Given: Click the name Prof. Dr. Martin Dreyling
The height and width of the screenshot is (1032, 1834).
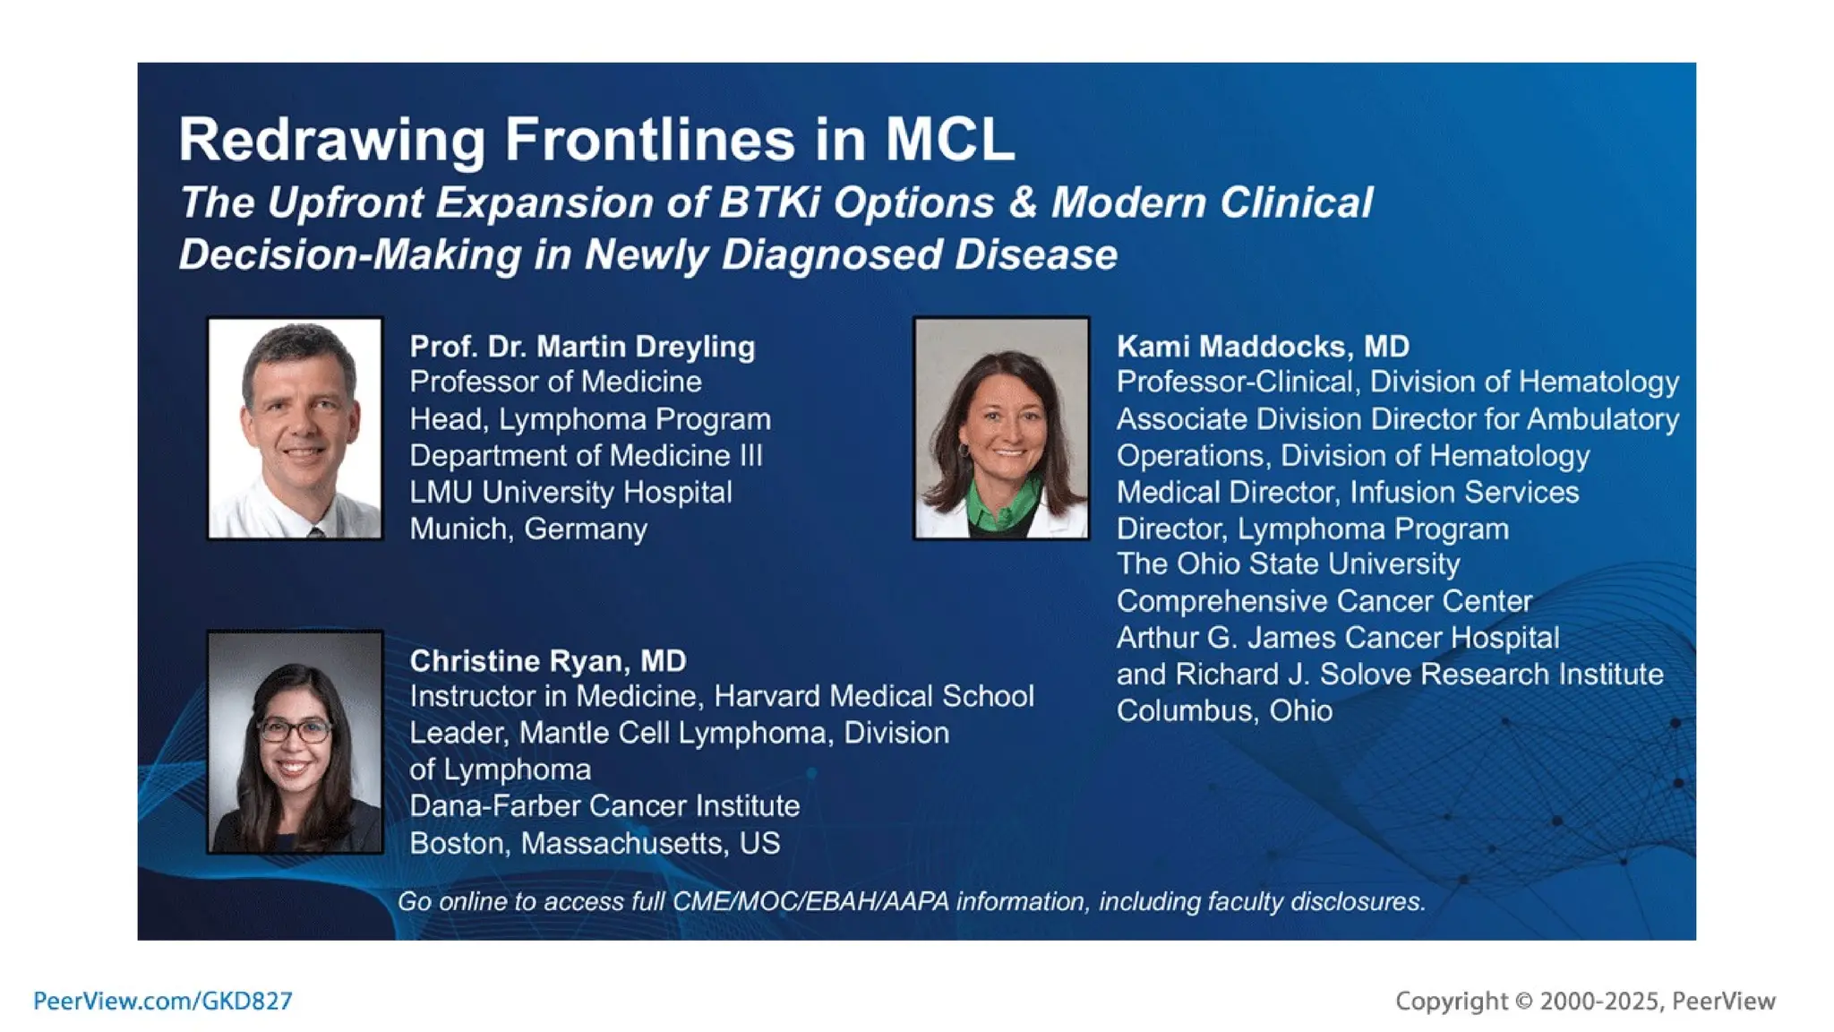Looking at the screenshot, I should click(582, 347).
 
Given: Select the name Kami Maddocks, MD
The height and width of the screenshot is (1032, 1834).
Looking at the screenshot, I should click(1263, 347).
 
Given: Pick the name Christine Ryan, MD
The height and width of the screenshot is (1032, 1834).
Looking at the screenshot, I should click(547, 661).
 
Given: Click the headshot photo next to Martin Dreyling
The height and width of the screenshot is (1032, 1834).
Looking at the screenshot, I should click(295, 428).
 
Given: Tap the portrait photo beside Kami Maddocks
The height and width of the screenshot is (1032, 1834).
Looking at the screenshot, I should click(1001, 428).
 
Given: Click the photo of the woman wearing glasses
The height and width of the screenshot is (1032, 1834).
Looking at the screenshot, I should click(295, 742).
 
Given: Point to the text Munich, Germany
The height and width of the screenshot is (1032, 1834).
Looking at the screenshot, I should click(527, 529).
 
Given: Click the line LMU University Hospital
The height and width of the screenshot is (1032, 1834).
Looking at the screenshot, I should click(570, 493).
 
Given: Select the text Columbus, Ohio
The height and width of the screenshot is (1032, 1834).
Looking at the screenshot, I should click(1223, 711).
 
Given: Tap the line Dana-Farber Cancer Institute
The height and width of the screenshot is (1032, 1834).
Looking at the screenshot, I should click(604, 806).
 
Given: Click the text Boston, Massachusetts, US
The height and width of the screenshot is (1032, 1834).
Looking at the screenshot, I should click(595, 844).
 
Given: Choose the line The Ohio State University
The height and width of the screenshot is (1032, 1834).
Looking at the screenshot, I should click(1287, 564).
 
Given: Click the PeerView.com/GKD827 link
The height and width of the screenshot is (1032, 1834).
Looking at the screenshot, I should click(163, 1001).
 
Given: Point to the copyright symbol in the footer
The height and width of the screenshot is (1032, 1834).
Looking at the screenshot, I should click(1523, 1002).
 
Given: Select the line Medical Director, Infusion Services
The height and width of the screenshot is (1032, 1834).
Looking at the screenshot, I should click(1347, 493).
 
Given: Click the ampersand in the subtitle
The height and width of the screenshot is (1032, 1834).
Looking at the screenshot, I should click(1023, 202).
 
